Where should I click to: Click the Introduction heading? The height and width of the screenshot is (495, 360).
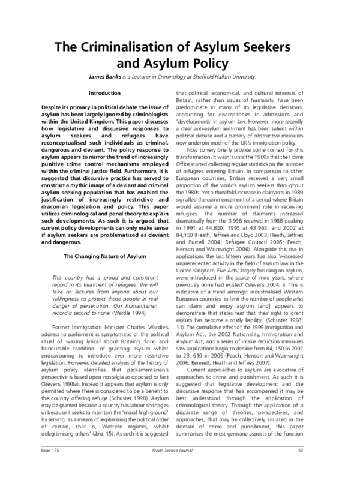point(104,94)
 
